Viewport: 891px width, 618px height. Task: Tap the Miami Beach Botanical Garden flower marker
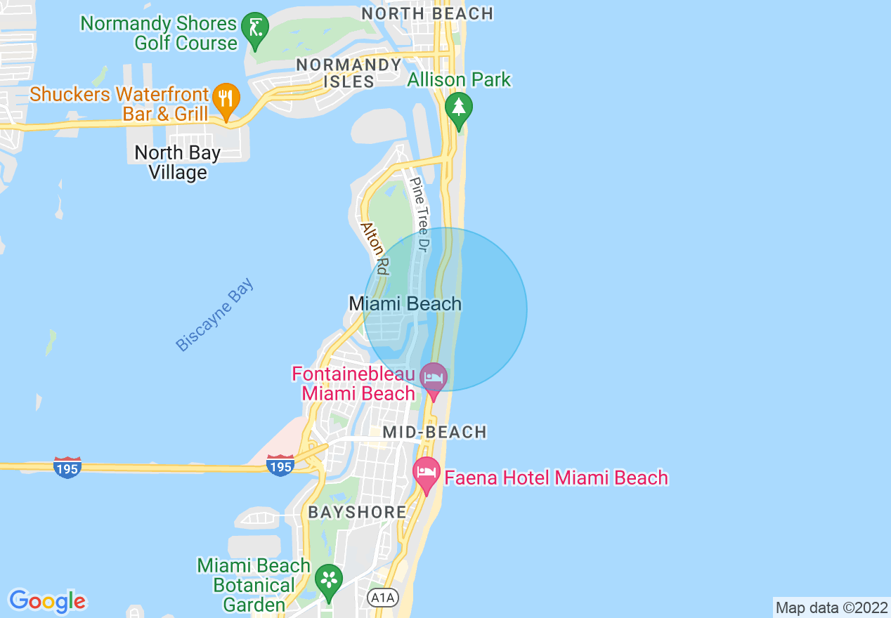click(328, 581)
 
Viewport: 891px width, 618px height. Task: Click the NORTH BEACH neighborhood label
click(427, 13)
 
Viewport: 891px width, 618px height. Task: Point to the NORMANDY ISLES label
click(349, 73)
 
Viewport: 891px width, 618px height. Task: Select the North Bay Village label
click(178, 162)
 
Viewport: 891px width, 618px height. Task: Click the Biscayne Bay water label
click(214, 315)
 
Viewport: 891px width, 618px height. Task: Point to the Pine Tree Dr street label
click(420, 214)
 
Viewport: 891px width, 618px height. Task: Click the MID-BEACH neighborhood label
click(436, 432)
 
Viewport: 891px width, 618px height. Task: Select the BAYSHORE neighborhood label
click(358, 512)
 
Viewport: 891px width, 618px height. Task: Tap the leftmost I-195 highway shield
click(67, 466)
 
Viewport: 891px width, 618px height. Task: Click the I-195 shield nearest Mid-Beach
click(280, 465)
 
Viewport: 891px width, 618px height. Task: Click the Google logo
click(47, 600)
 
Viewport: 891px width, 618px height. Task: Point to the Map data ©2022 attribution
click(831, 607)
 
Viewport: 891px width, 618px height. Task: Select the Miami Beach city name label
click(405, 303)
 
